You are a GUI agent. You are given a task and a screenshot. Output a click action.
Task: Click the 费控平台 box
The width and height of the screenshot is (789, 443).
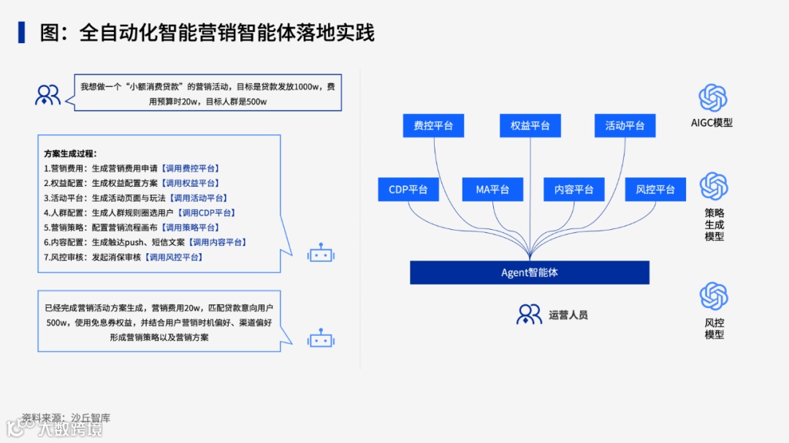click(x=433, y=126)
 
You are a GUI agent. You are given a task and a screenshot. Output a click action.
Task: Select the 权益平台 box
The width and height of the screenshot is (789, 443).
click(x=530, y=126)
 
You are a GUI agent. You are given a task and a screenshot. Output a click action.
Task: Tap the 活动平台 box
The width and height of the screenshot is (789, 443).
click(x=625, y=126)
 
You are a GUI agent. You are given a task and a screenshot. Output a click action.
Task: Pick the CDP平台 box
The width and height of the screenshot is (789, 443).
click(x=408, y=190)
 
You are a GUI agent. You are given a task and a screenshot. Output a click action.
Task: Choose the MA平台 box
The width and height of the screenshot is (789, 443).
click(x=492, y=190)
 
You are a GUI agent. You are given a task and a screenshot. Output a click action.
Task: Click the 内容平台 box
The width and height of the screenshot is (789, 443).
click(x=573, y=190)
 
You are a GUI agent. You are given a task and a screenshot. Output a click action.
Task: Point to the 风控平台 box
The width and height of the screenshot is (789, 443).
click(x=655, y=190)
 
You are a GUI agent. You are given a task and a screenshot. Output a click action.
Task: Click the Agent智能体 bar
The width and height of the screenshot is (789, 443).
click(x=530, y=272)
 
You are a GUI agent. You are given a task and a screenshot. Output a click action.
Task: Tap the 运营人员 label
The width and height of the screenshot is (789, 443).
click(x=568, y=315)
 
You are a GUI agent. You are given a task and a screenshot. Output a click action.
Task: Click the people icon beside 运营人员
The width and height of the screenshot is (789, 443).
click(x=529, y=315)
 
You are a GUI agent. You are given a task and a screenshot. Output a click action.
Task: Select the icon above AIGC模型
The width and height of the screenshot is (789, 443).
click(x=712, y=98)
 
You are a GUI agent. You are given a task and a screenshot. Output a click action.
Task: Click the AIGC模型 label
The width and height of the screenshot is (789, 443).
click(x=712, y=123)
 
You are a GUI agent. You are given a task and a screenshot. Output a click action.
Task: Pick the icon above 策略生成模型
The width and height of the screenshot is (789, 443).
click(x=714, y=186)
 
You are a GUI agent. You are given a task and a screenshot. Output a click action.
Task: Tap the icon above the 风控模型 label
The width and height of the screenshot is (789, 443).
click(x=714, y=296)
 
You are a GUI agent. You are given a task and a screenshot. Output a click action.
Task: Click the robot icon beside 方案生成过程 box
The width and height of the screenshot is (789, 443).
click(x=320, y=254)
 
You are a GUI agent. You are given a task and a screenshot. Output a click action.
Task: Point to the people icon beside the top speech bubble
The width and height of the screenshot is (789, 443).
click(x=48, y=95)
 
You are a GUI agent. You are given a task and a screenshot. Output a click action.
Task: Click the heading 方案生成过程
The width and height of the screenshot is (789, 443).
click(x=70, y=154)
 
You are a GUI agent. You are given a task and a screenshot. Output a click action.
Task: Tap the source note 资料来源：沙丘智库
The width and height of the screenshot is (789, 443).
click(x=66, y=418)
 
